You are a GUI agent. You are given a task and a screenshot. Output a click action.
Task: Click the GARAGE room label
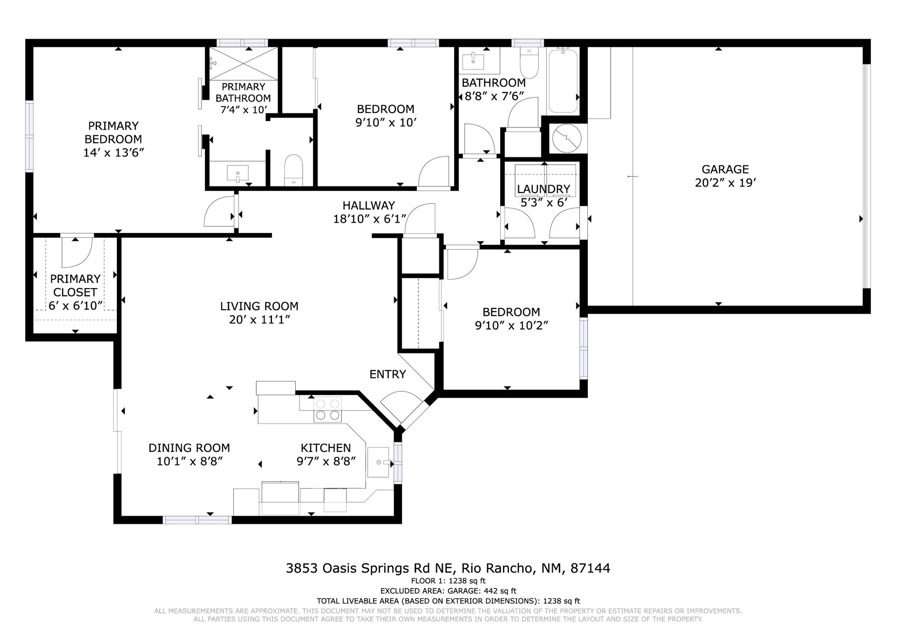tap(725, 169)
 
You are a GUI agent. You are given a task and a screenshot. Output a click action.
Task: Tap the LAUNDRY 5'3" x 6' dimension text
tap(544, 203)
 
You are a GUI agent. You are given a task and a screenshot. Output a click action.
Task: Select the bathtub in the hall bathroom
tap(563, 81)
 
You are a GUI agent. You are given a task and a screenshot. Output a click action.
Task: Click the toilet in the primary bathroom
tap(293, 169)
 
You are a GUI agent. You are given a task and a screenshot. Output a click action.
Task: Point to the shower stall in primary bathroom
tap(244, 64)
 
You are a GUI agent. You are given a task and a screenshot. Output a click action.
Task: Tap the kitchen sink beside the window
tap(378, 462)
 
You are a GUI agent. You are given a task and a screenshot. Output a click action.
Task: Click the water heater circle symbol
tap(566, 138)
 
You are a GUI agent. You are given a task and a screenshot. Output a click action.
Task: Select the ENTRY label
tap(387, 374)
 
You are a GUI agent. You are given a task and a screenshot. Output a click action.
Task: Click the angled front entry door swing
tap(401, 405)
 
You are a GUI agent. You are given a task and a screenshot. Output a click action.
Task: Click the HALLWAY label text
tap(368, 205)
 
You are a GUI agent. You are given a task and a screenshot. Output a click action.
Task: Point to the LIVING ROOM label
tap(259, 306)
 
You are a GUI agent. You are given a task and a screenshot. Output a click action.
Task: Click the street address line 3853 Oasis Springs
tap(448, 568)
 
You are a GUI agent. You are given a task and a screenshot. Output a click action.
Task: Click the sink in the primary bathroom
tap(237, 173)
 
